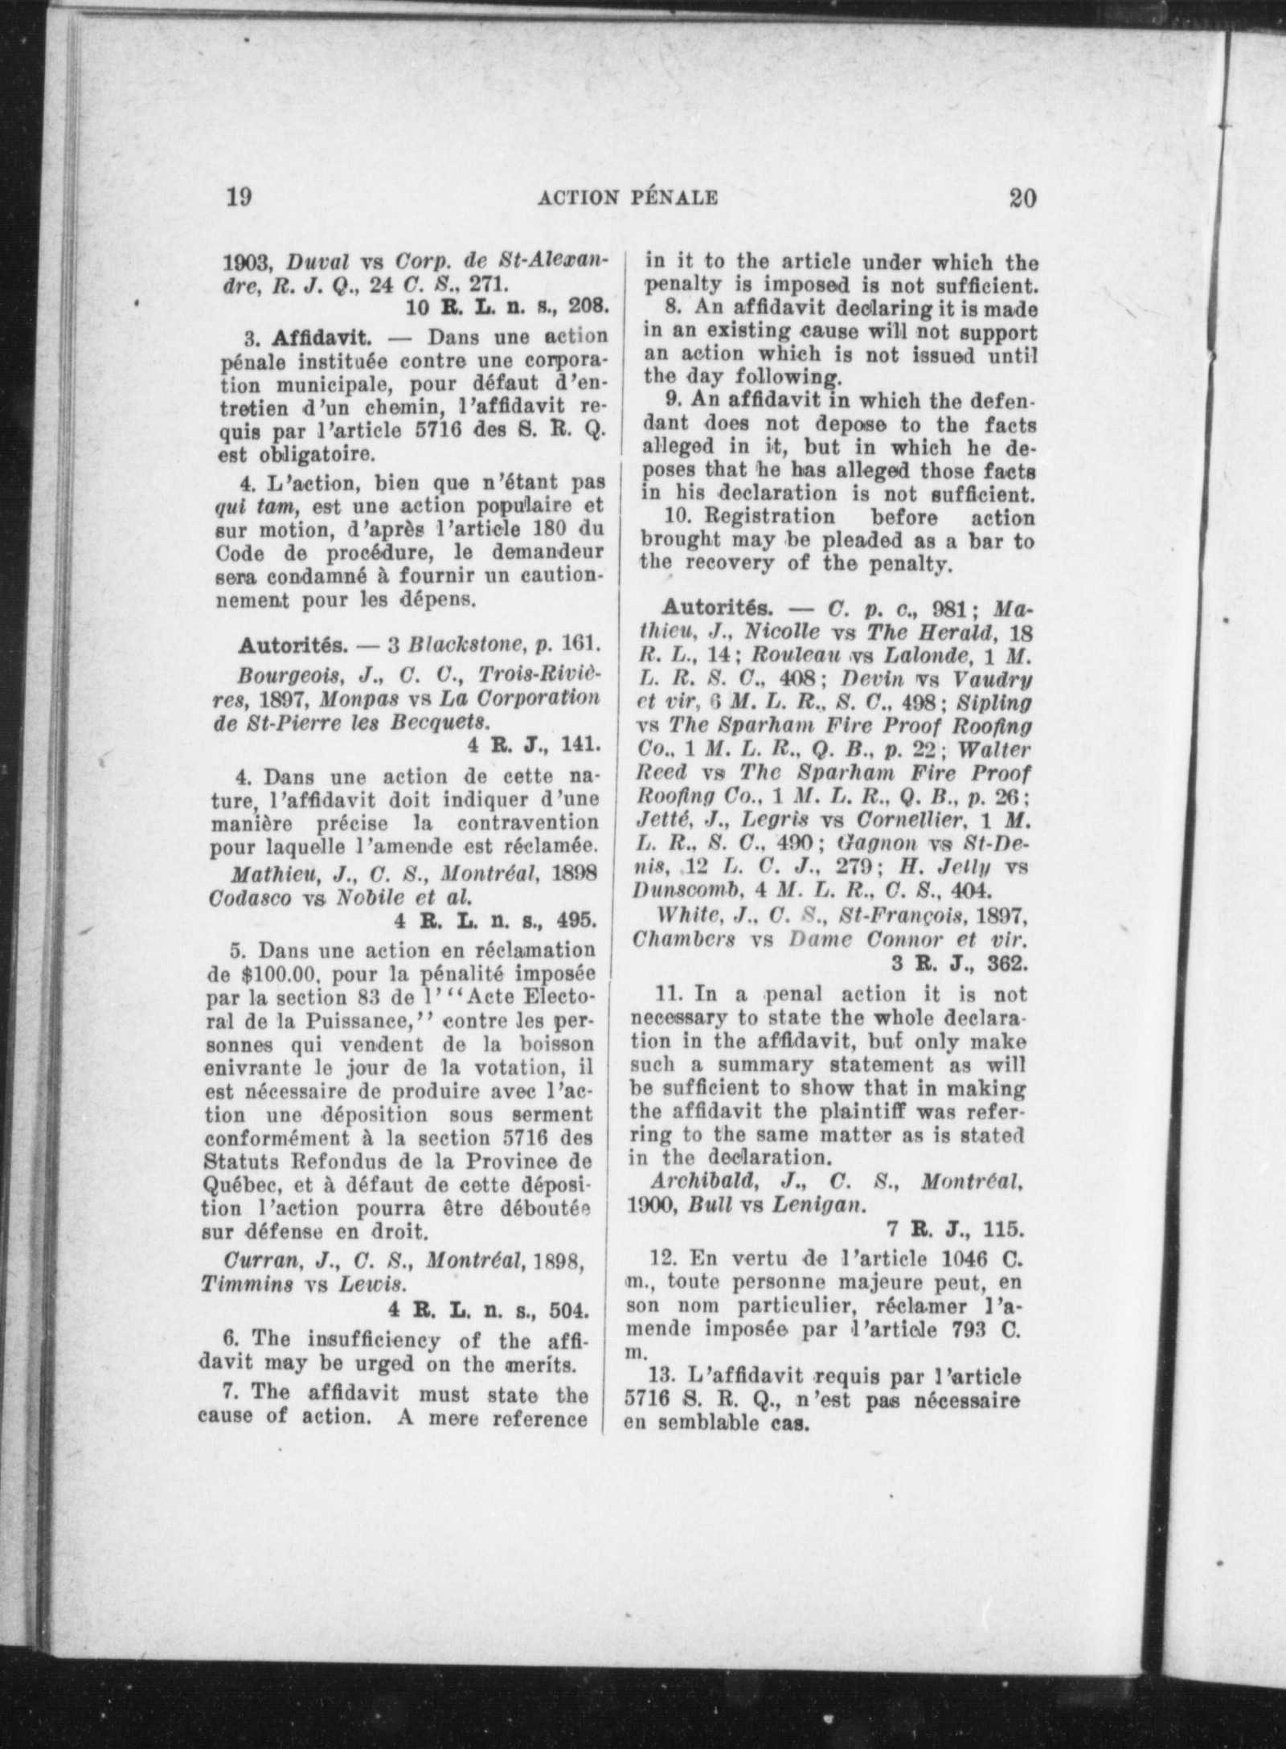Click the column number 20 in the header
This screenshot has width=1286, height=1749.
click(x=1022, y=197)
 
